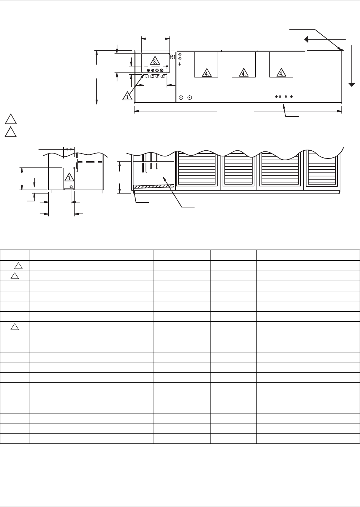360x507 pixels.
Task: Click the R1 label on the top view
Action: tap(173, 57)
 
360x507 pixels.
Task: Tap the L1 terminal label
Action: tap(147, 77)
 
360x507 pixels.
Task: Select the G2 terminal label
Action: tap(163, 77)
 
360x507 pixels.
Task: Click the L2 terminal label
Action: tap(152, 77)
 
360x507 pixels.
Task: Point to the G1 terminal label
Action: tap(158, 77)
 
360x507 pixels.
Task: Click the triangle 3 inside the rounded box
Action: tap(155, 61)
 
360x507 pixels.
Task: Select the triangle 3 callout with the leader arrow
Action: tap(127, 96)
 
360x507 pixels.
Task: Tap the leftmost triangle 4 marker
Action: tap(207, 73)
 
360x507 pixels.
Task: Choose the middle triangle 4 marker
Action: tap(244, 73)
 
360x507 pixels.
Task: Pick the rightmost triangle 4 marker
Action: tap(281, 73)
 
